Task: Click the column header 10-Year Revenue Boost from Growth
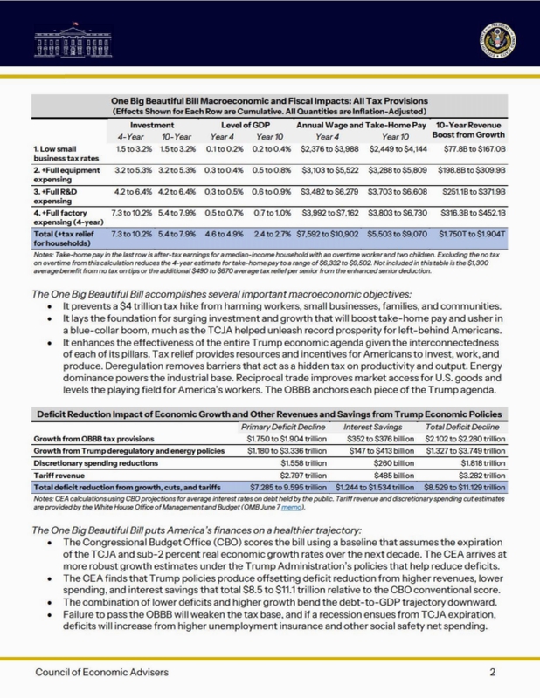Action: click(471, 132)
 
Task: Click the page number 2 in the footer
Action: click(493, 673)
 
